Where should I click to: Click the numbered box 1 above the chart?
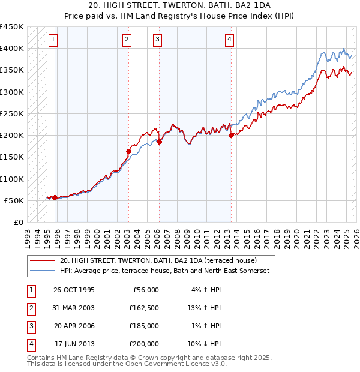point(53,40)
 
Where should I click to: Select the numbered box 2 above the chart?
point(127,40)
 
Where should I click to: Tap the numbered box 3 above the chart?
point(157,40)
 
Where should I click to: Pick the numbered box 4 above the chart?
point(230,40)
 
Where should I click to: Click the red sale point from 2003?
point(128,152)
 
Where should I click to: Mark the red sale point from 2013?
point(231,136)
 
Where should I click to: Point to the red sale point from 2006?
point(159,142)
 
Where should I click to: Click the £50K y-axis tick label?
point(14,200)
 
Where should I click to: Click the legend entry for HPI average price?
point(165,271)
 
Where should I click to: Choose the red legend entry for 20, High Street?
point(158,260)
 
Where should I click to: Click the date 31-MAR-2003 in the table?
point(74,308)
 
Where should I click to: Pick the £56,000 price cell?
point(144,290)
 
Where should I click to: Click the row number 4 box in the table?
point(31,344)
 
